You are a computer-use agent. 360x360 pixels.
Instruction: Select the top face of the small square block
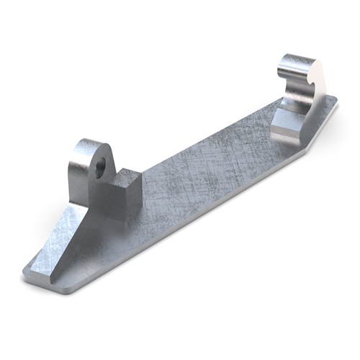pos(127,175)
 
